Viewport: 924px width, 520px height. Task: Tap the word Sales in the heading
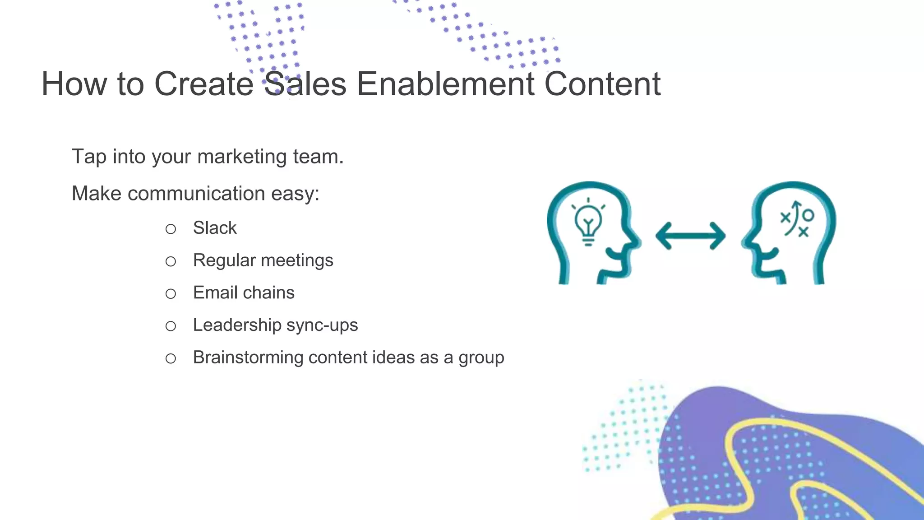(x=305, y=84)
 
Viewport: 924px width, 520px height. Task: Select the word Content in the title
(x=602, y=84)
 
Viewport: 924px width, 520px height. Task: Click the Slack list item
(x=215, y=228)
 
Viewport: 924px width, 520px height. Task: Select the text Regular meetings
(x=263, y=260)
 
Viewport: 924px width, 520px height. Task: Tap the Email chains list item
(x=244, y=293)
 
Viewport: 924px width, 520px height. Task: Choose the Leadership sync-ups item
(x=275, y=325)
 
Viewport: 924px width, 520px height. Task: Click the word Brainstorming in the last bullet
(x=248, y=357)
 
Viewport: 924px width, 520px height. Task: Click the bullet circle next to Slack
(x=171, y=229)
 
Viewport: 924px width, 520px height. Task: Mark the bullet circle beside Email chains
(x=171, y=294)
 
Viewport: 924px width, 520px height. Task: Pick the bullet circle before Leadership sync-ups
(x=171, y=326)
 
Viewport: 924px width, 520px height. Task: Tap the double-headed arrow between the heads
(x=690, y=236)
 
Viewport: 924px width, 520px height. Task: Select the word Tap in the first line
(x=89, y=157)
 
